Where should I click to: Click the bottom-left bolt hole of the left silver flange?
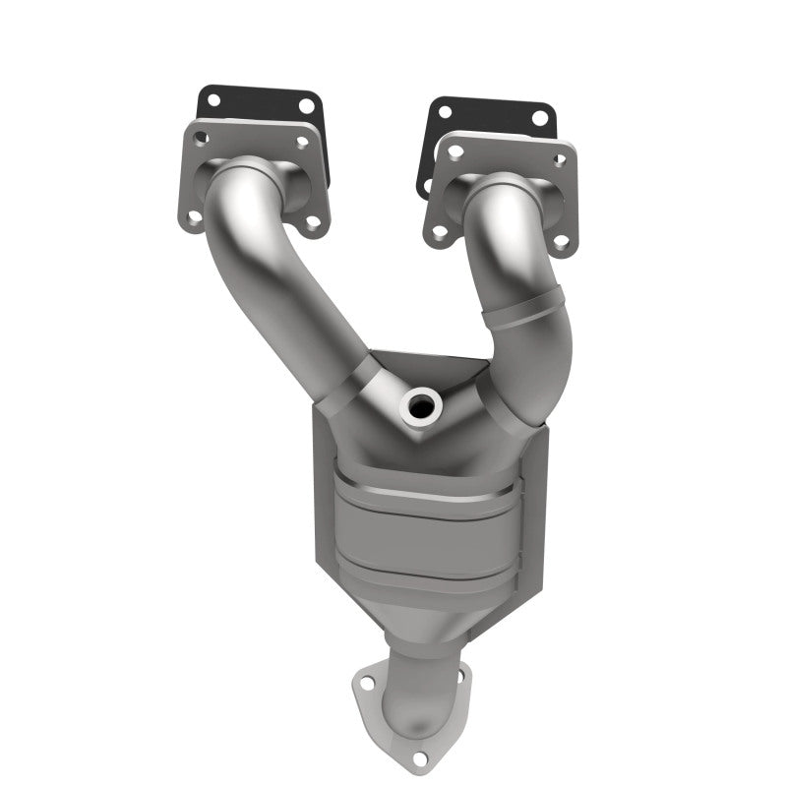[x=197, y=218]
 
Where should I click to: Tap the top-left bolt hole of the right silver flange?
[x=454, y=151]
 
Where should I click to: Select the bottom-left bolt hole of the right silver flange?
[x=437, y=232]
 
